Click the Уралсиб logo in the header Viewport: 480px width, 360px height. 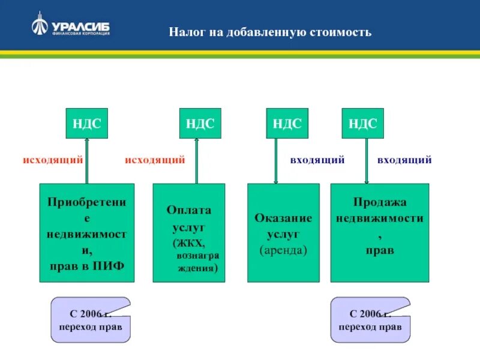click(x=70, y=28)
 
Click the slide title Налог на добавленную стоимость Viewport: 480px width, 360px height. click(x=270, y=32)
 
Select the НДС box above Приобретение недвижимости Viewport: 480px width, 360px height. click(x=87, y=124)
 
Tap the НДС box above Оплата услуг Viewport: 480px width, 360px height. click(x=200, y=124)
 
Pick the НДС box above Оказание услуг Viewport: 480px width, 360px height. click(x=287, y=124)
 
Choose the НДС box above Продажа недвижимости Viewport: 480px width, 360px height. click(x=362, y=124)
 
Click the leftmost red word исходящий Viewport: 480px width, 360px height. click(x=53, y=160)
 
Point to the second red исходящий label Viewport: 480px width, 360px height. click(x=155, y=160)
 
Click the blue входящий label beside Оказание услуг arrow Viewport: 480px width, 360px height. click(x=317, y=160)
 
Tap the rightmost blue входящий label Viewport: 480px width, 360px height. click(x=404, y=160)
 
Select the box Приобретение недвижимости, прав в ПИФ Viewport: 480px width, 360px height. click(x=87, y=233)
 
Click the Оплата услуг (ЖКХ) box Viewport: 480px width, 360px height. click(x=188, y=233)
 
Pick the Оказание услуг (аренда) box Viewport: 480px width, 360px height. click(x=283, y=233)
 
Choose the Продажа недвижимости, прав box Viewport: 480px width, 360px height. click(x=380, y=233)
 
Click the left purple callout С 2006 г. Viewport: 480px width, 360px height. click(x=91, y=320)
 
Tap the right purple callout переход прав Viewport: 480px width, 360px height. click(x=370, y=320)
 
